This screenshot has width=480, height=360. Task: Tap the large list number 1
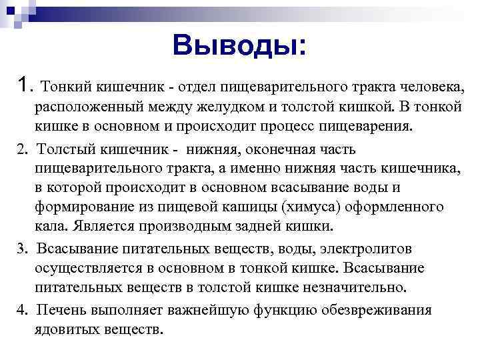(x=25, y=85)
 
